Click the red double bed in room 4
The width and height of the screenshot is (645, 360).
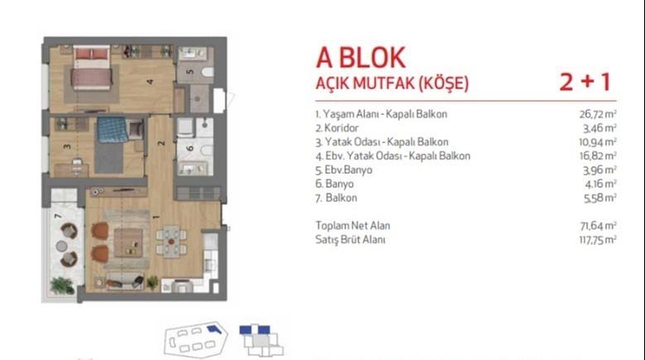pyautogui.click(x=92, y=68)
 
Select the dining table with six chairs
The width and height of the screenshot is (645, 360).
pyautogui.click(x=171, y=241)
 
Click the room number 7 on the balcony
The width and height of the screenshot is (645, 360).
pyautogui.click(x=58, y=215)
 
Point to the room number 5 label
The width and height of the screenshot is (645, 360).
pyautogui.click(x=190, y=72)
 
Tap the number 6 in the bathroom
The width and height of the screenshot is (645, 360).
pyautogui.click(x=190, y=148)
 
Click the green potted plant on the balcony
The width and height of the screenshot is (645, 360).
pyautogui.click(x=62, y=286)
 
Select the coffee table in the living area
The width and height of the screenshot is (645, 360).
pyautogui.click(x=128, y=242)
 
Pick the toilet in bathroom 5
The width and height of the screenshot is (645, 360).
pyautogui.click(x=208, y=72)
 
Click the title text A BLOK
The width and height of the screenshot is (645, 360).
pyautogui.click(x=361, y=58)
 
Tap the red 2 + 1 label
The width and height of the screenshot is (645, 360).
pyautogui.click(x=585, y=82)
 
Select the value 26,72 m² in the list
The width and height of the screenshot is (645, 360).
pyautogui.click(x=598, y=114)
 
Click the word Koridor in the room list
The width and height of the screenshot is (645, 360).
pyautogui.click(x=341, y=128)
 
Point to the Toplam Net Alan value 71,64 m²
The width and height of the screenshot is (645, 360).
pyautogui.click(x=598, y=226)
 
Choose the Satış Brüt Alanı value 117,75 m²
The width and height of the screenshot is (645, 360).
pyautogui.click(x=598, y=240)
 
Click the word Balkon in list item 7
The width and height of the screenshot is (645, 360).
pyautogui.click(x=341, y=198)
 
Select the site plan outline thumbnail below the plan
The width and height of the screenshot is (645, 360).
pyautogui.click(x=195, y=339)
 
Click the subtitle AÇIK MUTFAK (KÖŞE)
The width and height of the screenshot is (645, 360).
pyautogui.click(x=392, y=84)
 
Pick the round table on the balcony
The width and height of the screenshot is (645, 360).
pyautogui.click(x=62, y=246)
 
